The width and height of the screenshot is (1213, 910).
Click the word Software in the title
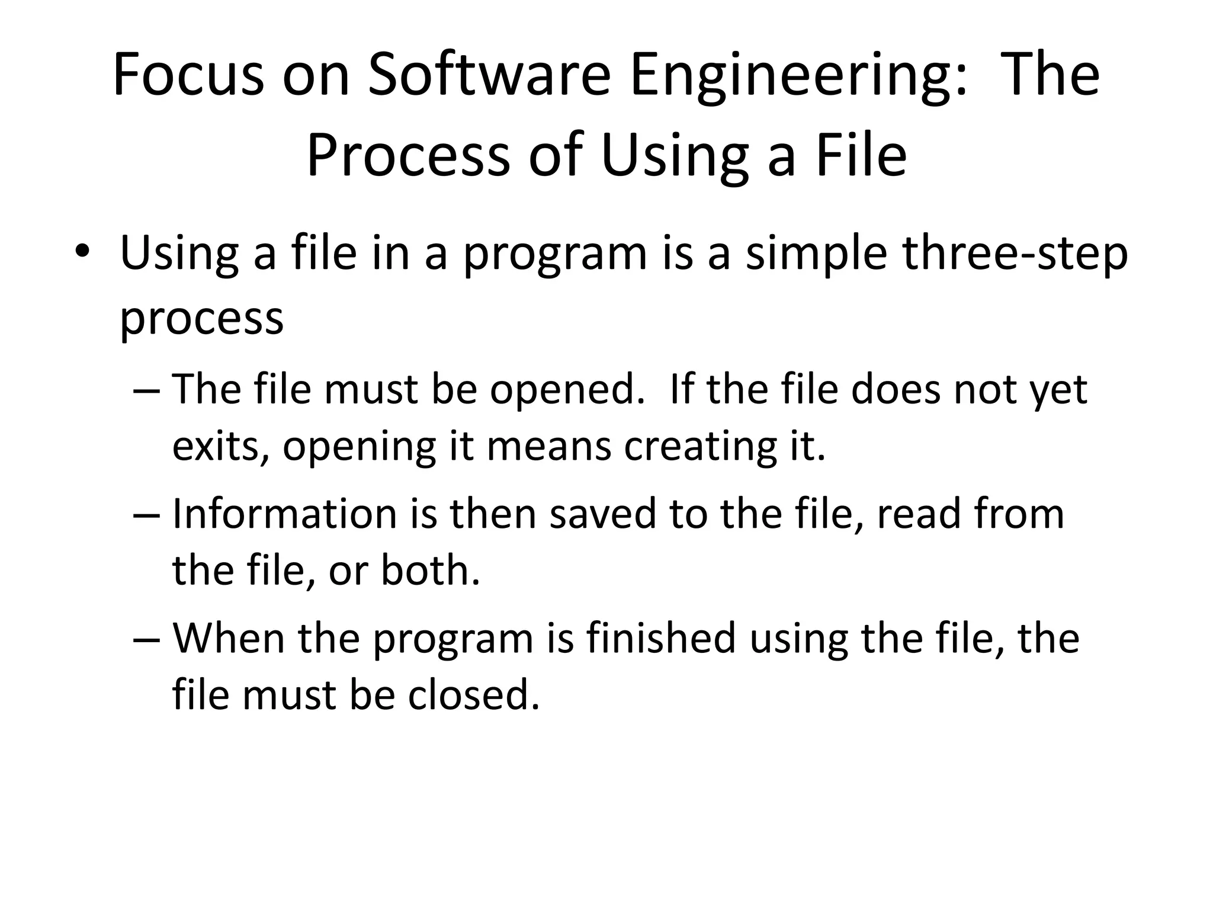[x=489, y=76]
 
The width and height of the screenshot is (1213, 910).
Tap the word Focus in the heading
[x=188, y=76]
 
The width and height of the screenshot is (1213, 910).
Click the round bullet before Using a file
[x=82, y=252]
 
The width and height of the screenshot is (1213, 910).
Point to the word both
[x=430, y=570]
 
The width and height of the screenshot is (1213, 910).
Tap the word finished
[x=661, y=638]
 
